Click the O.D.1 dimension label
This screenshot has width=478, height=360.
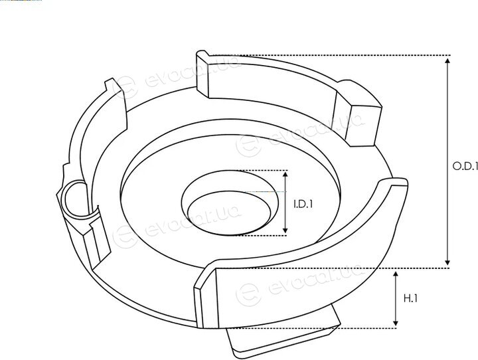[465, 166]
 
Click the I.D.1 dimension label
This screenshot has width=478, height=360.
[303, 204]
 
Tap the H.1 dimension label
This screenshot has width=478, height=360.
[410, 298]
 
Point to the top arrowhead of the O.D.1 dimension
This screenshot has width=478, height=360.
[447, 60]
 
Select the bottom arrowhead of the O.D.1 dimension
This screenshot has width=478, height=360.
[447, 262]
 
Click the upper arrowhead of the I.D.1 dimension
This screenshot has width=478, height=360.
[285, 174]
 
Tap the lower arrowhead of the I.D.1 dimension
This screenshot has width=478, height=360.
[285, 230]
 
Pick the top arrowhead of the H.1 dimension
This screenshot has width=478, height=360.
[396, 274]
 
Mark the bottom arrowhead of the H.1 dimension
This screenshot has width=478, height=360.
[396, 323]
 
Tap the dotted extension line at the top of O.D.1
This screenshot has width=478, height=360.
[329, 55]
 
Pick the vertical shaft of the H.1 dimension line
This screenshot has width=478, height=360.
[396, 299]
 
